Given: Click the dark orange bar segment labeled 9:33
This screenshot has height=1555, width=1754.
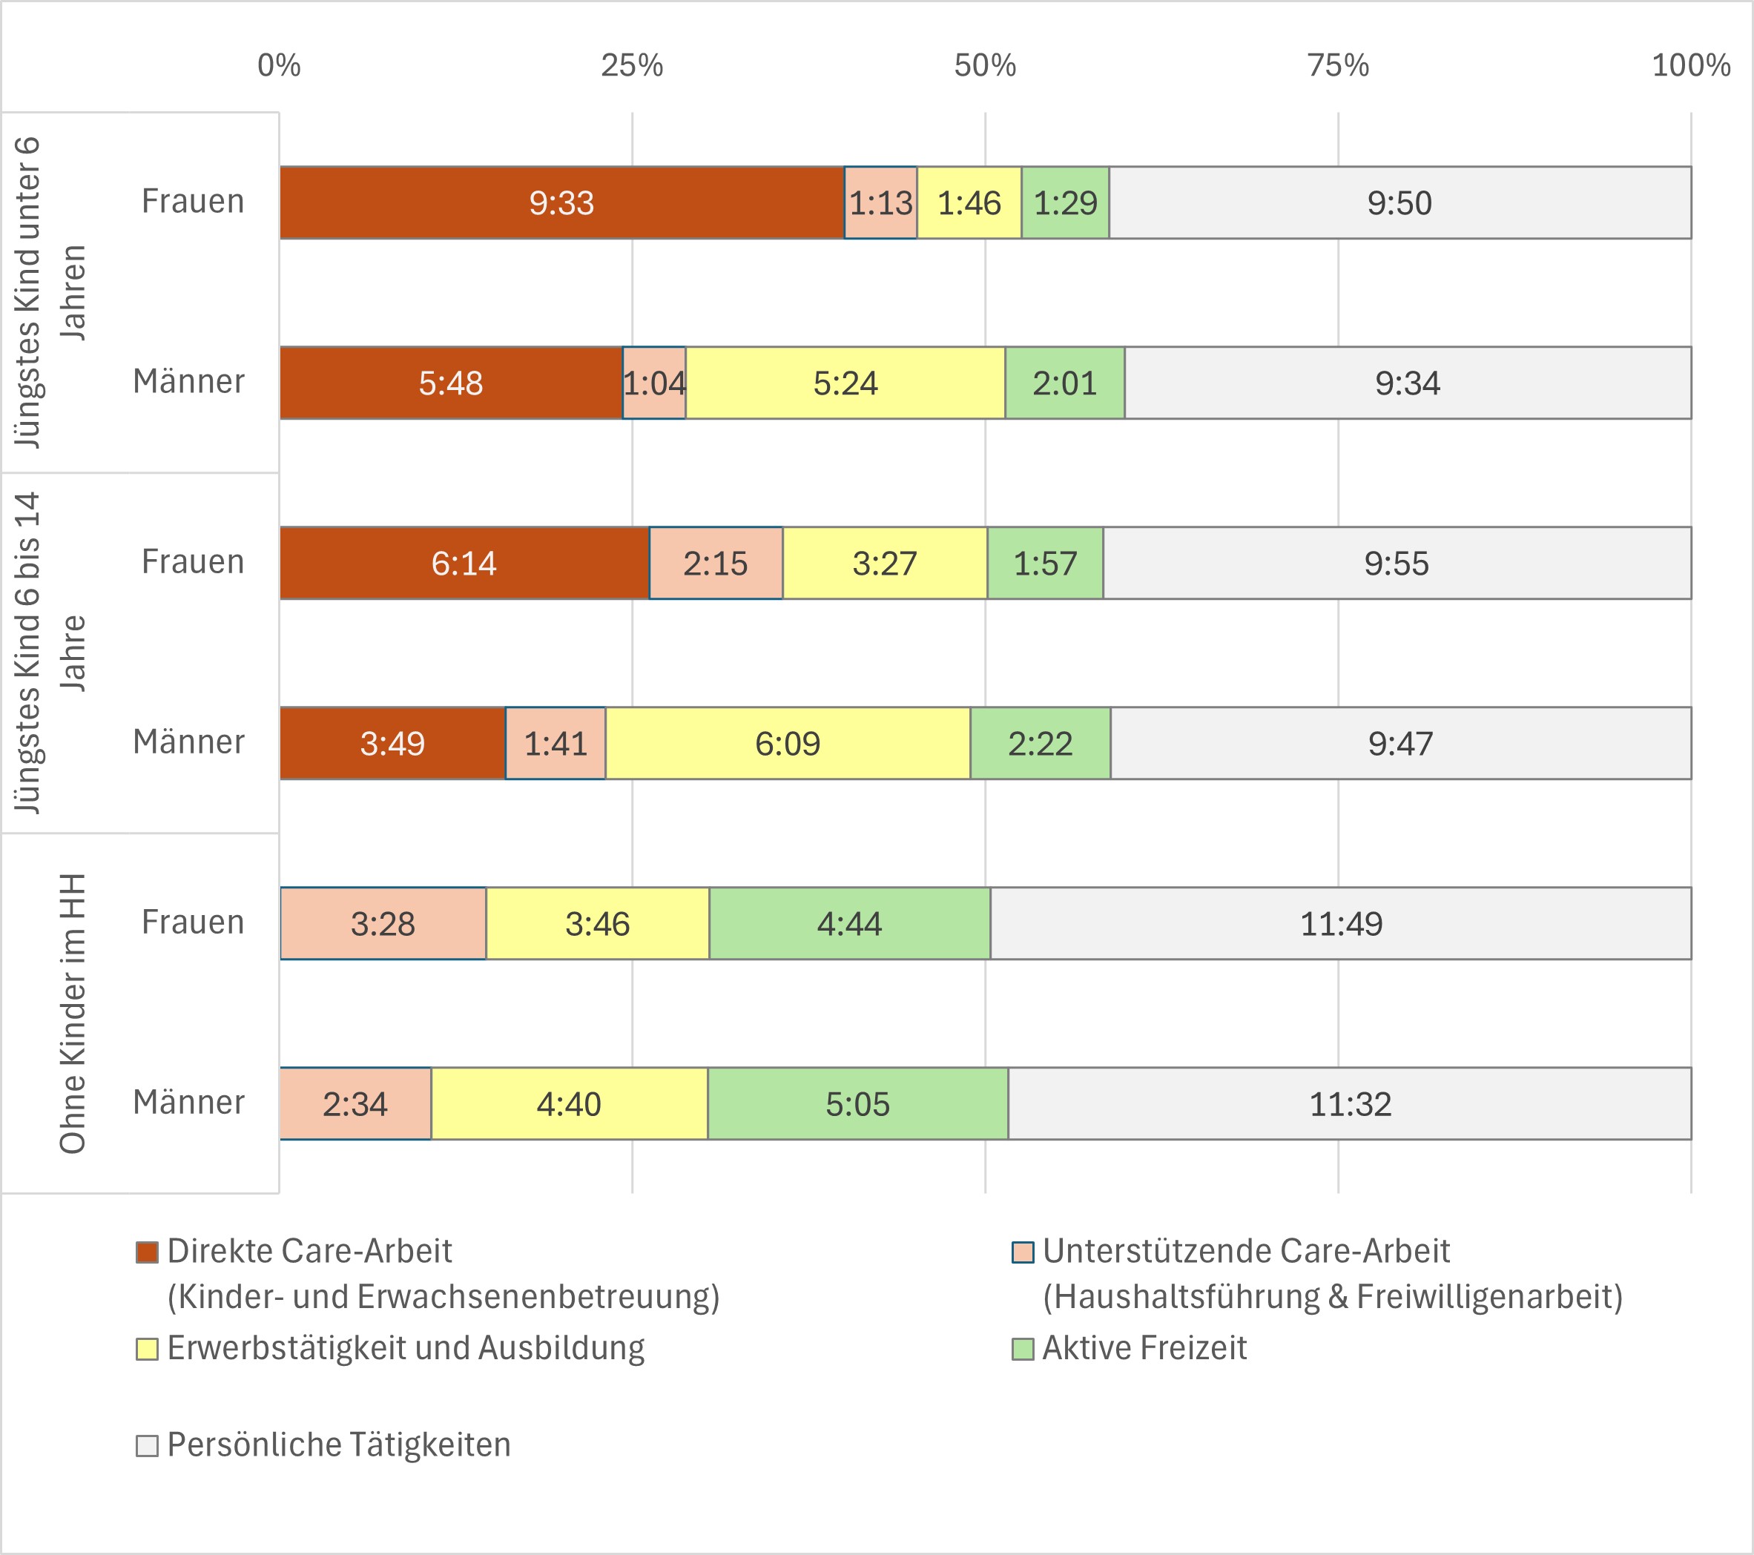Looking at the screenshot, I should coord(561,202).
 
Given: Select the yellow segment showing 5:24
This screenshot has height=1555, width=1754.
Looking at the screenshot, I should coord(845,383).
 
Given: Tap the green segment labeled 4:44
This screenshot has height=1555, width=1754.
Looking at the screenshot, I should coord(848,923).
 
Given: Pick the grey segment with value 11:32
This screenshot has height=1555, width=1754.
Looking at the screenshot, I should coord(1349,1103).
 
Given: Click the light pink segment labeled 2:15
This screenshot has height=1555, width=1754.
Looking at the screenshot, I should coord(715,563).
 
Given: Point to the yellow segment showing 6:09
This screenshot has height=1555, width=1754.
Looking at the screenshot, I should coord(787,743).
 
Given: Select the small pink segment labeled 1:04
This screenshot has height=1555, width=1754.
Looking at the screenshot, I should coord(654,383).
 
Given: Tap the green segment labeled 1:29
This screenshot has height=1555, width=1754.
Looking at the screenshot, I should coord(1065,202).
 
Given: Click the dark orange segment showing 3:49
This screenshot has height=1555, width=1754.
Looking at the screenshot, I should coord(392,743).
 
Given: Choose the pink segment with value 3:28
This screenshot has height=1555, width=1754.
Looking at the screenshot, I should coord(383,923).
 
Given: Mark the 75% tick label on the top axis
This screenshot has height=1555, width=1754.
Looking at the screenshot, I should coord(1338,65).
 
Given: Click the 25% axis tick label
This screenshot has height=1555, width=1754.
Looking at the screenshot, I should coord(632,65).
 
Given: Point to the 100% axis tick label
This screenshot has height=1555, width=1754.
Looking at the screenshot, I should coord(1690,65).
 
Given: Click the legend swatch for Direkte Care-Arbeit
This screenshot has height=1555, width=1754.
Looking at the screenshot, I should coord(147,1252).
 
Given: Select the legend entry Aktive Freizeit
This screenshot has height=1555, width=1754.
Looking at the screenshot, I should coord(1143,1348).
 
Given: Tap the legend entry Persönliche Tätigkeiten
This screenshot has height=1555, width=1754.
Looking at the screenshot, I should coord(338,1445).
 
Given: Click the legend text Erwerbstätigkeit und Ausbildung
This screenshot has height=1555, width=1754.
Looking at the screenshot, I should coord(405,1348).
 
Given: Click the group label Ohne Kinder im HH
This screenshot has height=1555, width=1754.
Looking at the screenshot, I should coord(73,1014).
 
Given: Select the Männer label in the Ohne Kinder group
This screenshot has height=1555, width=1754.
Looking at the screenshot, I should coord(189,1102).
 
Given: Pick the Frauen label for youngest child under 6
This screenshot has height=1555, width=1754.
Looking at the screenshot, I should coord(193,201).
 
